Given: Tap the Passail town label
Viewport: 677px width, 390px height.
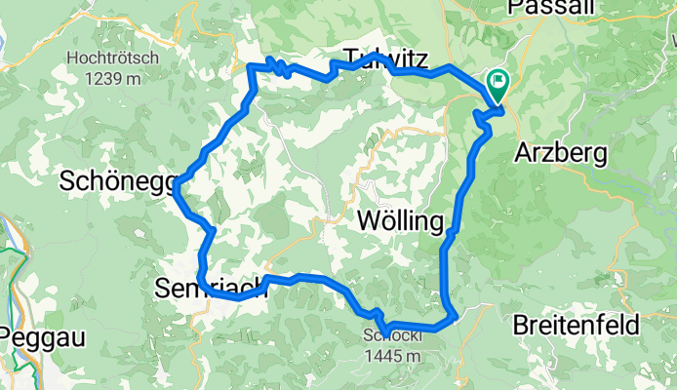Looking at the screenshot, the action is (547, 8).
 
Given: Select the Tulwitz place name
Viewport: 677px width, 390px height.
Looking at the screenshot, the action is (385, 58).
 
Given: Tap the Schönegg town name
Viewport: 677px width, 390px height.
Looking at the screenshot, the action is (116, 181).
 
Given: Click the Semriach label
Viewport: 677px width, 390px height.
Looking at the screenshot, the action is (210, 288).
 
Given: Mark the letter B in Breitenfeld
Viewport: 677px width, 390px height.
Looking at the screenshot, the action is (521, 324).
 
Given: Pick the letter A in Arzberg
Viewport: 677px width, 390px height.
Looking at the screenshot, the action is (522, 153).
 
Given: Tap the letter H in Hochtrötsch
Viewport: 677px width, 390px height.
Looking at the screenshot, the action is (71, 58).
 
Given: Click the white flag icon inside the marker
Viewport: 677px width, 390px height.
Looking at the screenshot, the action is (498, 83).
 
